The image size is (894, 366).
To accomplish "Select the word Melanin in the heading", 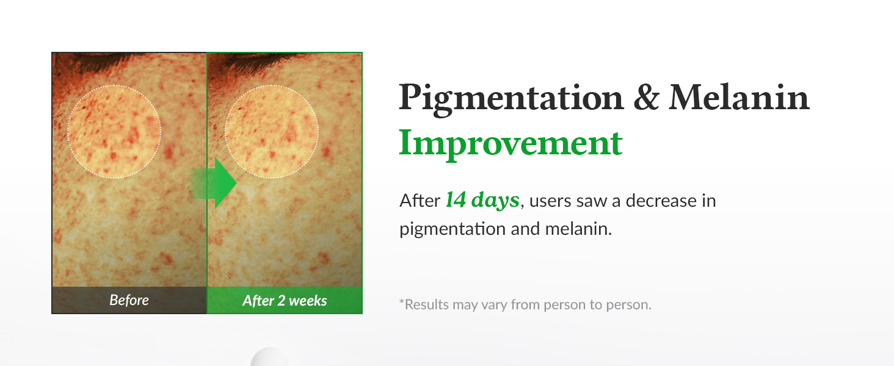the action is (739, 97).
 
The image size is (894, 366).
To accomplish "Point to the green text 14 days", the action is (482, 199).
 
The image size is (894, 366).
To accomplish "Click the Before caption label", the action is (129, 300).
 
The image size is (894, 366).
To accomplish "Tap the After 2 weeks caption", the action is (285, 300).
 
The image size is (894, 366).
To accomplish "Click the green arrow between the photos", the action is (213, 183).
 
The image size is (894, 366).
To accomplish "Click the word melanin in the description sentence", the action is (578, 229).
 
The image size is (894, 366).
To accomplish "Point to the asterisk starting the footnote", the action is (401, 301).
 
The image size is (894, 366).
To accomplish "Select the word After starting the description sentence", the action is (420, 201).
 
